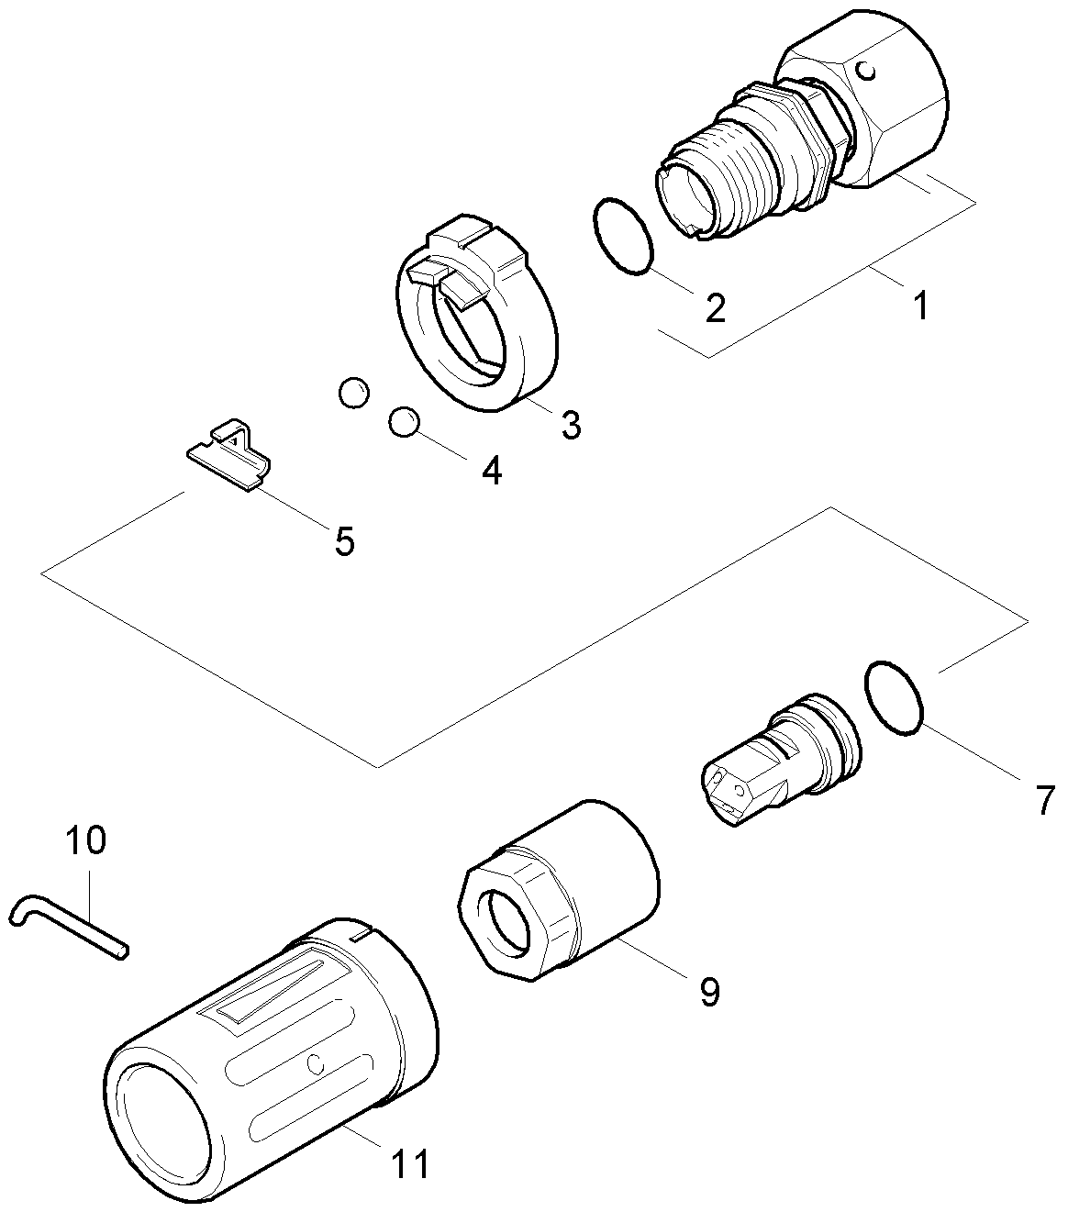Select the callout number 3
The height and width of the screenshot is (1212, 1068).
571,425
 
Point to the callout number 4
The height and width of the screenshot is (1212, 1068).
492,471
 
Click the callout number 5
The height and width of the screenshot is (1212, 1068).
343,540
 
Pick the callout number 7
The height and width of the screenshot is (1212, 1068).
1045,800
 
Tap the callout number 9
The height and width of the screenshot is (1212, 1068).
709,991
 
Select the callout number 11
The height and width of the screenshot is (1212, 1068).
410,1163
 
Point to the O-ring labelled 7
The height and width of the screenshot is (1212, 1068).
893,696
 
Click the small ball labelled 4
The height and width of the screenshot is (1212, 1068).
404,422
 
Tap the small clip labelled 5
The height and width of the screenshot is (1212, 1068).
229,456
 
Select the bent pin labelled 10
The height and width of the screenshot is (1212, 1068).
64,923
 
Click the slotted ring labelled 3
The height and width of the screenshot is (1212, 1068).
477,321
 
